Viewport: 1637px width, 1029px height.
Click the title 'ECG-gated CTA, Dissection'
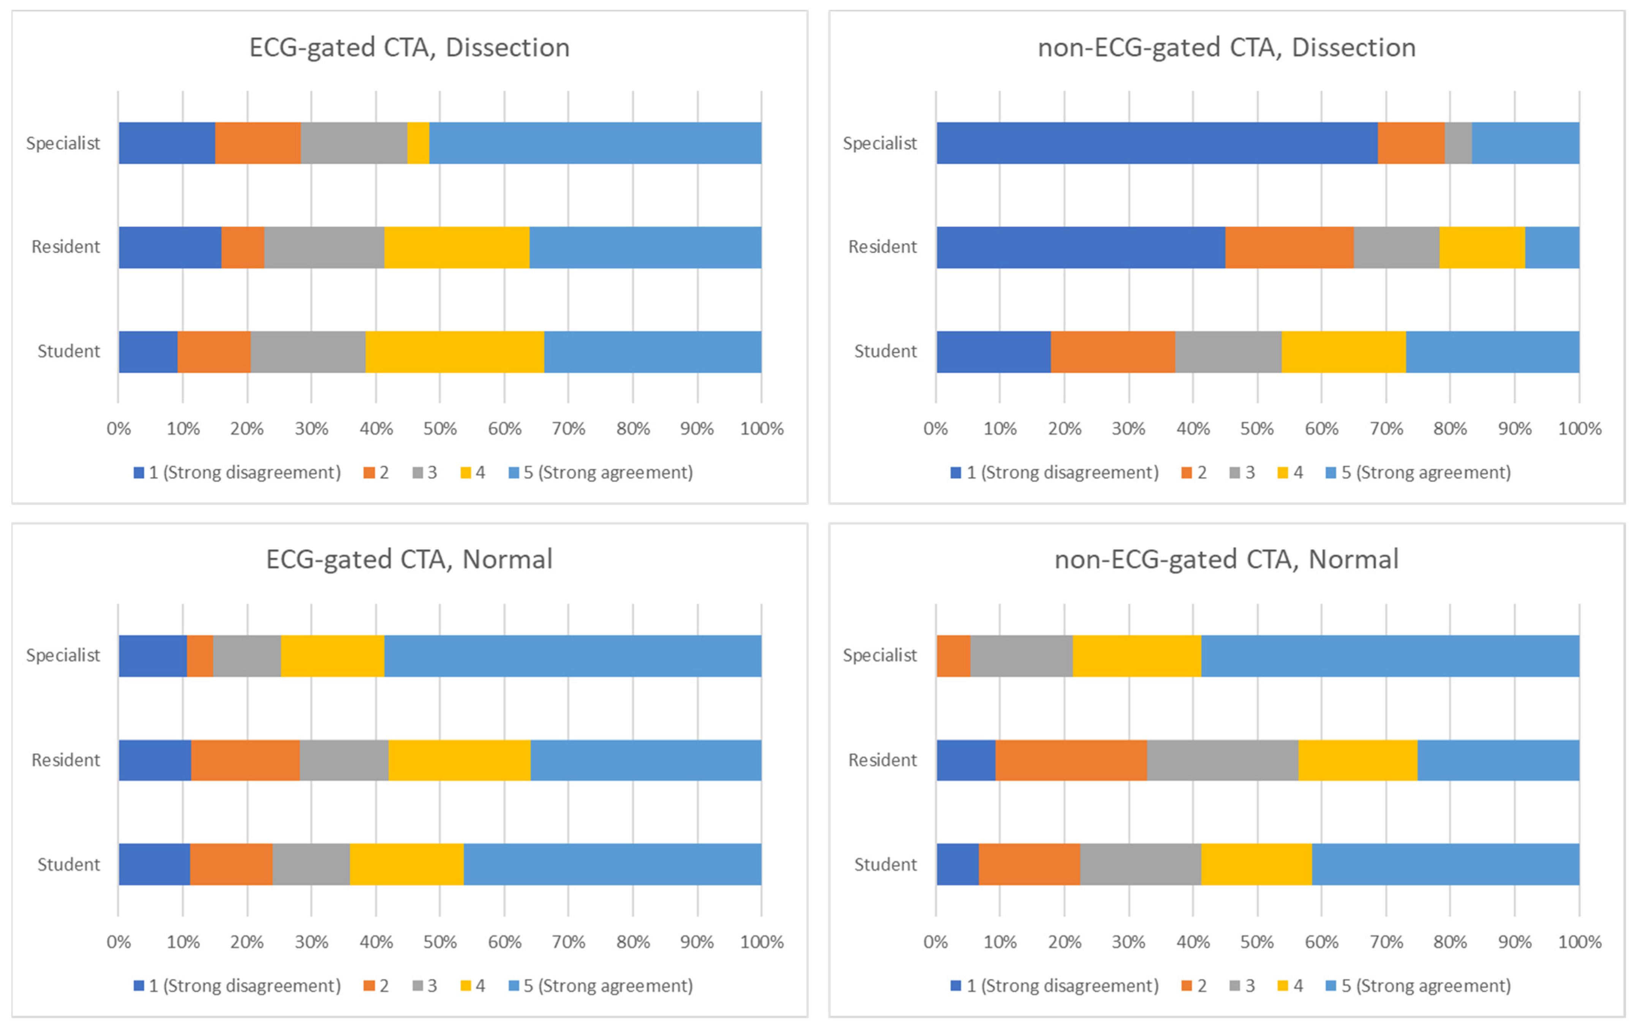pos(409,47)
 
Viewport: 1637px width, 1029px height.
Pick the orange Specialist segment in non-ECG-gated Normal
pos(953,656)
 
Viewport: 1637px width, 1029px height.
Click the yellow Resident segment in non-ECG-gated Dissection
pos(1482,247)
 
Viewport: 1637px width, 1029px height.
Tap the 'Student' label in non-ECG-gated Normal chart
pos(885,865)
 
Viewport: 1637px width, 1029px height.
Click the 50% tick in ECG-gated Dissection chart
pos(440,429)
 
